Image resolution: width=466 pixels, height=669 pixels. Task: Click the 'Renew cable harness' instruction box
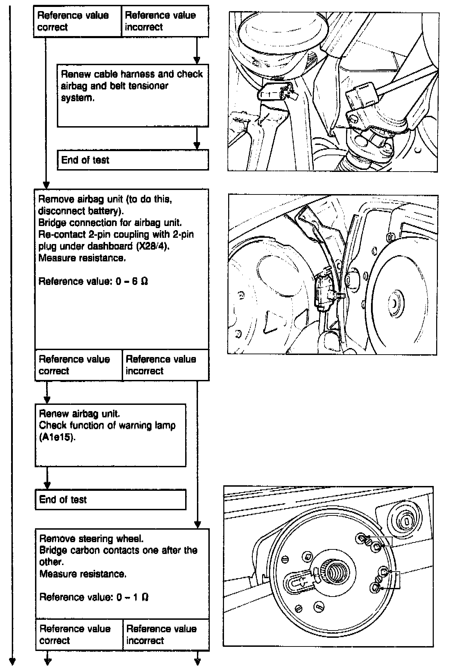(133, 95)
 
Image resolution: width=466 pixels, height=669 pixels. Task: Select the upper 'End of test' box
(133, 160)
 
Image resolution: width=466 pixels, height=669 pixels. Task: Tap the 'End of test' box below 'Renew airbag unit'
(110, 499)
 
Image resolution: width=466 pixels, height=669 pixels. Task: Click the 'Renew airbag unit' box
(110, 435)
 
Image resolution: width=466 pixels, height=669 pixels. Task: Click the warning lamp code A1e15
(57, 437)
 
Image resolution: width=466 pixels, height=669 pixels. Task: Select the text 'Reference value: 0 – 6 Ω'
(93, 281)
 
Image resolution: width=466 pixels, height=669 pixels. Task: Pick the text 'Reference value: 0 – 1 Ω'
(94, 597)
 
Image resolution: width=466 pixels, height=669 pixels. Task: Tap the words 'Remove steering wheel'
(91, 539)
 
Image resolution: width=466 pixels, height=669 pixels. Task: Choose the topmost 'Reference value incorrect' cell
(165, 21)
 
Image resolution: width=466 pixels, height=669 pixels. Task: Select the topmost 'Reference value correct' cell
(77, 21)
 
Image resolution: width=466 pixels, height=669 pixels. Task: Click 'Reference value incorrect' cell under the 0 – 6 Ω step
(165, 365)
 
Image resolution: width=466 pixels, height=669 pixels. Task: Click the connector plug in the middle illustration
(324, 289)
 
